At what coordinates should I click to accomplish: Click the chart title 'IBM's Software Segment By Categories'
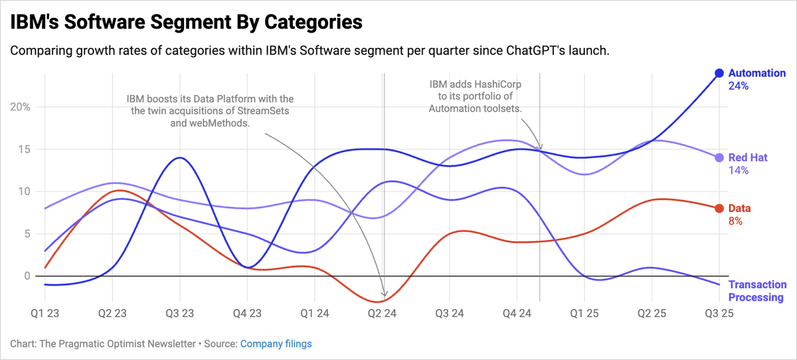pyautogui.click(x=186, y=22)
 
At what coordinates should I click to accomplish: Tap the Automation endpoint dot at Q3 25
pyautogui.click(x=719, y=73)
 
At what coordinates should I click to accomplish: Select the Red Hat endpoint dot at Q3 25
pyautogui.click(x=719, y=157)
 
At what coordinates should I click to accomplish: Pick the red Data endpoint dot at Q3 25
pyautogui.click(x=719, y=208)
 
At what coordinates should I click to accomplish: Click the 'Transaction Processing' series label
pyautogui.click(x=756, y=291)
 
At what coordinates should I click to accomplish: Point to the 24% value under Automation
pyautogui.click(x=739, y=86)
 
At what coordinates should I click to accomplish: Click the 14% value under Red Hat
pyautogui.click(x=739, y=171)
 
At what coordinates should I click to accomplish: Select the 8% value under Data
pyautogui.click(x=735, y=221)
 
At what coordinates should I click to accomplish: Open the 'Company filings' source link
pyautogui.click(x=276, y=344)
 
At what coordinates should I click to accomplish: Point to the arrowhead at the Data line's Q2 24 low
pyautogui.click(x=384, y=294)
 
